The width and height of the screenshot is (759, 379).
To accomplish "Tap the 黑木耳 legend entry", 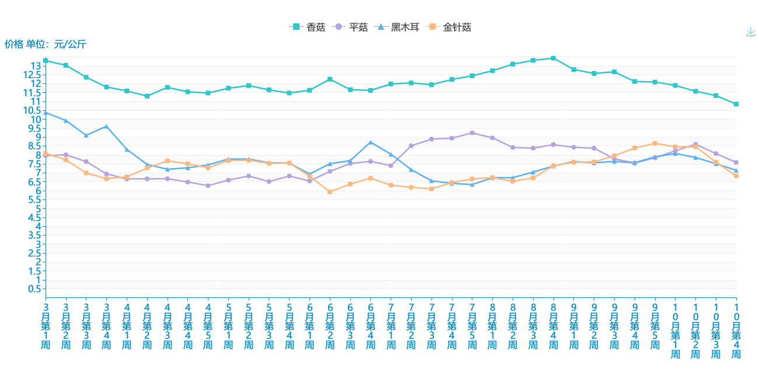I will coord(398,27).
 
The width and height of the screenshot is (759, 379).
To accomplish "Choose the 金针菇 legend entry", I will coord(450,27).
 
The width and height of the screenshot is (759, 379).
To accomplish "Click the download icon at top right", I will coord(751,32).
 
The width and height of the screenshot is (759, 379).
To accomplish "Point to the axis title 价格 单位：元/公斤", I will coord(46,44).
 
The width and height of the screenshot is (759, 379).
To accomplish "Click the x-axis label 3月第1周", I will coord(46,325).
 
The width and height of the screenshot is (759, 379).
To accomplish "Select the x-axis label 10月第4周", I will coord(736,330).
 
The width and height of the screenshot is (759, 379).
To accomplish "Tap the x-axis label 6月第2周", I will coord(330,325).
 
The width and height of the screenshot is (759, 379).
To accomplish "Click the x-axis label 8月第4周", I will coord(553,325).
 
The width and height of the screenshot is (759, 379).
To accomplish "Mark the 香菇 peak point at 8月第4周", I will coord(553,58).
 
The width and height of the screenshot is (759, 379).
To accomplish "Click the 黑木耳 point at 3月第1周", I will coord(46,113).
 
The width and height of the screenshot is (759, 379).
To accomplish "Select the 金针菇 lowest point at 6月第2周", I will coord(330,192).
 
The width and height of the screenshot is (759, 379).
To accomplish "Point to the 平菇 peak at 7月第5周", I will coord(472,133).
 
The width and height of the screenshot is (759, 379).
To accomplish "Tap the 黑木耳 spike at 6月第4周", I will coord(370,142).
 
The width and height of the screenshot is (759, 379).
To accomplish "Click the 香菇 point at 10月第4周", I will coord(736,104).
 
